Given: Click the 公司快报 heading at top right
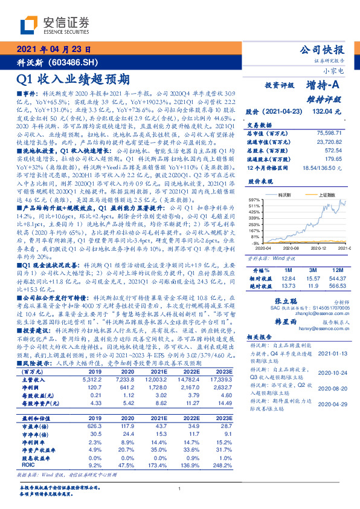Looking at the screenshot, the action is tap(323, 50).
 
